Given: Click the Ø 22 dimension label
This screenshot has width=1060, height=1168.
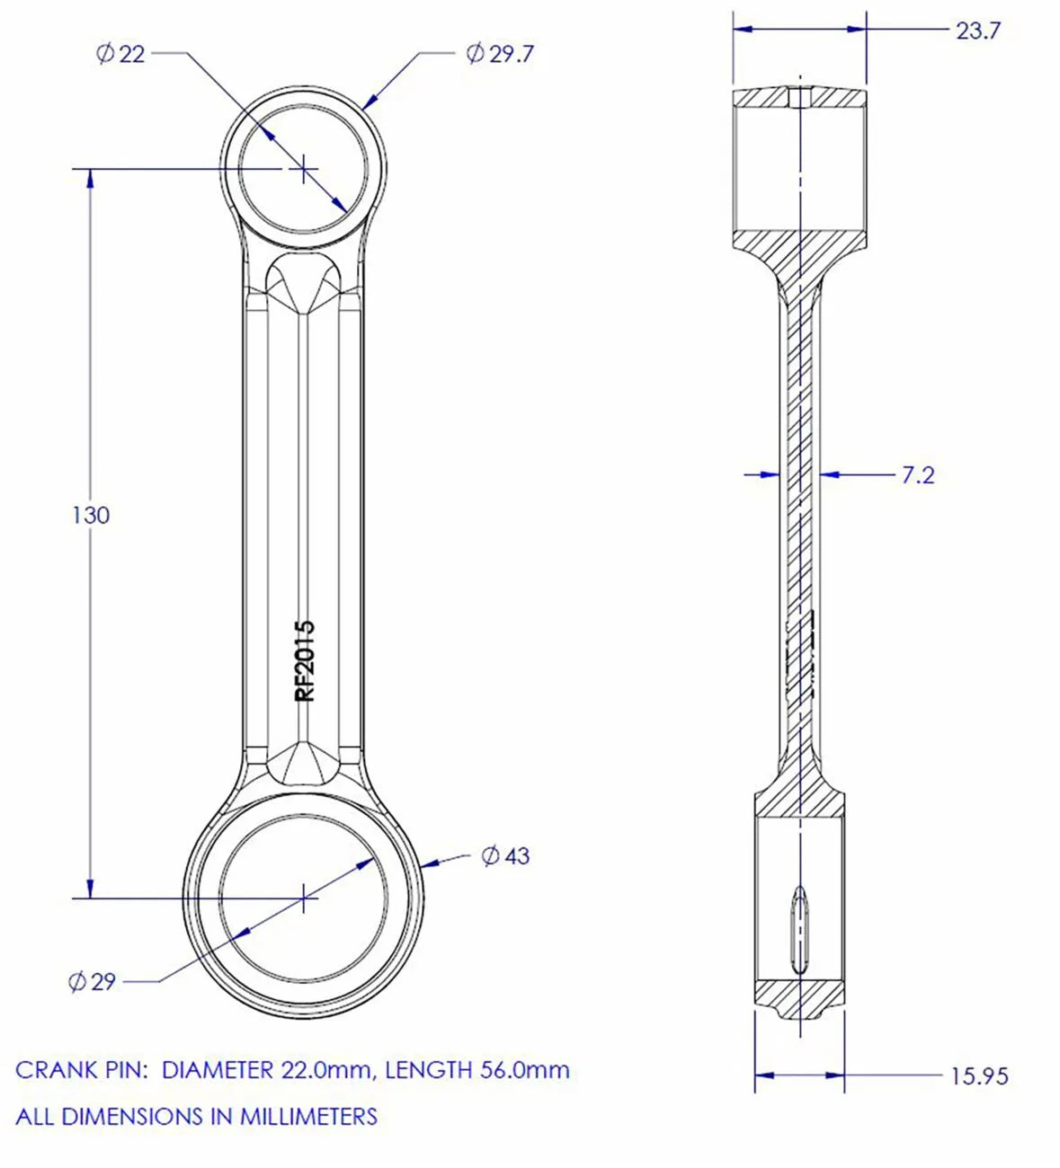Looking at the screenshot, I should pos(120,55).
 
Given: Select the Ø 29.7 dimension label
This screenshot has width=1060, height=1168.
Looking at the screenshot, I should pos(500,55).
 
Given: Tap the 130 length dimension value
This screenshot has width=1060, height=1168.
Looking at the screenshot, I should pos(90,515).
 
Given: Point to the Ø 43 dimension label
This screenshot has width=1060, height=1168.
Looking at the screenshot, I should pos(505,855).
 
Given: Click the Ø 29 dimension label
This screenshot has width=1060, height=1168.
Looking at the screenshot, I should pos(92,981).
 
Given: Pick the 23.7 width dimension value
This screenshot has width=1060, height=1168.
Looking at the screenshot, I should pos(977,31).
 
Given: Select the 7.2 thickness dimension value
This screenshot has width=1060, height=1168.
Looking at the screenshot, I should pos(917,475).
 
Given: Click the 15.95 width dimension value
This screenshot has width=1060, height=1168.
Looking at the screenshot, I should pos(979,1075).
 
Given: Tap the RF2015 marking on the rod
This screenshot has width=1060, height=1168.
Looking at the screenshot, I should pos(306,660).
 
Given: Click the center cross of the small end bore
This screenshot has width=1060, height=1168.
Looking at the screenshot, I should pos(305,168).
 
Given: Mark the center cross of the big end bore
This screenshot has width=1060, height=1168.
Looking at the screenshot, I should pos(305,897).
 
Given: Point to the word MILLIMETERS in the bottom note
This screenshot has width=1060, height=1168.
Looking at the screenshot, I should pos(307,1117).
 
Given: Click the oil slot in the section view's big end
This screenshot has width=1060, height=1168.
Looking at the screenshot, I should pos(798,930).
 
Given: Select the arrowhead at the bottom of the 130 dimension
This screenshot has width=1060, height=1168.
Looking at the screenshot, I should pos(90,888).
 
